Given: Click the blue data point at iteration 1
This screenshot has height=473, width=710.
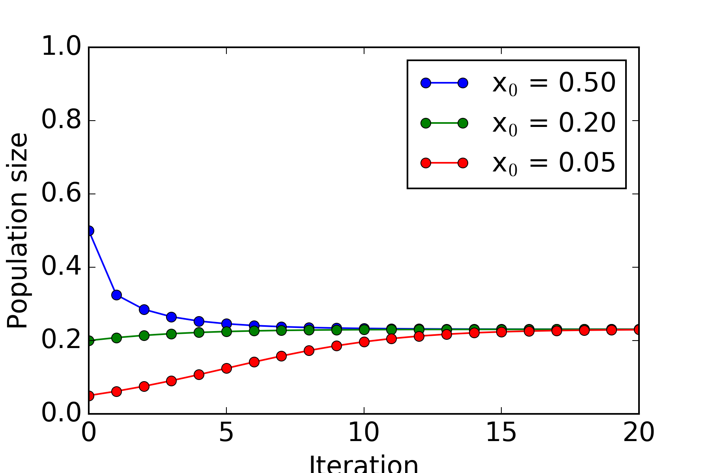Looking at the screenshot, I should (x=116, y=295).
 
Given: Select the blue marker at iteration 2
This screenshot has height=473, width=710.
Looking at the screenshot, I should (x=144, y=309).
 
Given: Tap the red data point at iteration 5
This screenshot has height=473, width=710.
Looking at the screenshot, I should (x=226, y=368).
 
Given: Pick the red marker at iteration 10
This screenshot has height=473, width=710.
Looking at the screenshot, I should (x=364, y=342).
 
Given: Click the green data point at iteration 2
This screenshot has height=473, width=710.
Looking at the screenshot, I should (x=144, y=335).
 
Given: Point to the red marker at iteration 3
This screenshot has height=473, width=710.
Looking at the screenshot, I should (x=171, y=381).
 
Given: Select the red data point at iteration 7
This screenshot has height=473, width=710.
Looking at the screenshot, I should (x=281, y=356).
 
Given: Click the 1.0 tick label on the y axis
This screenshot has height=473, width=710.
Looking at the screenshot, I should (x=61, y=47).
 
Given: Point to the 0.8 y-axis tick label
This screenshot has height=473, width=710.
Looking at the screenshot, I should (x=61, y=121).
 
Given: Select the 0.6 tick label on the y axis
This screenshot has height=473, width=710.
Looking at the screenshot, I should (x=61, y=194).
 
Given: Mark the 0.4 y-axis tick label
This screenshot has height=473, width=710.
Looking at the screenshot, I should (x=61, y=267).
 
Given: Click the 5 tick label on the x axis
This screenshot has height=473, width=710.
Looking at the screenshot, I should (x=226, y=432).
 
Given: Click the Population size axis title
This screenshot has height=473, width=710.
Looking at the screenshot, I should (x=17, y=231).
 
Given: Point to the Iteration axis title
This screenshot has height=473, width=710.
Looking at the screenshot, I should (x=364, y=464).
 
